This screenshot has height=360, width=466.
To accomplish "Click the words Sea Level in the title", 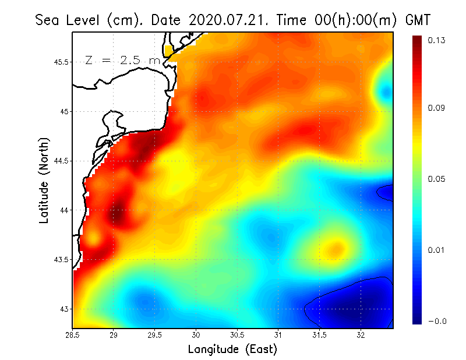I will pyautogui.click(x=69, y=20).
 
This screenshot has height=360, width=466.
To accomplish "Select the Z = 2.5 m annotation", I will pyautogui.click(x=123, y=60).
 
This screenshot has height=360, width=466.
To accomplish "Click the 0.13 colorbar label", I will pyautogui.click(x=436, y=40).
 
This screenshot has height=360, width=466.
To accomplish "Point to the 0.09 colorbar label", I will pyautogui.click(x=436, y=108).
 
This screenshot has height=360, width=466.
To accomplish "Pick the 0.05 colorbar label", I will pyautogui.click(x=436, y=179).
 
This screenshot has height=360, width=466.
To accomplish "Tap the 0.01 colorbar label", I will pyautogui.click(x=436, y=250).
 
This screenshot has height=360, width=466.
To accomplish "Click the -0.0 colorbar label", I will pyautogui.click(x=436, y=321).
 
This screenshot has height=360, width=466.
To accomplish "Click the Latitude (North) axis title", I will pyautogui.click(x=44, y=181).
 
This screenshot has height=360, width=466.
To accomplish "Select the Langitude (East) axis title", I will pyautogui.click(x=232, y=349).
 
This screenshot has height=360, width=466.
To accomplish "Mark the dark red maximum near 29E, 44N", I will pyautogui.click(x=117, y=214).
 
